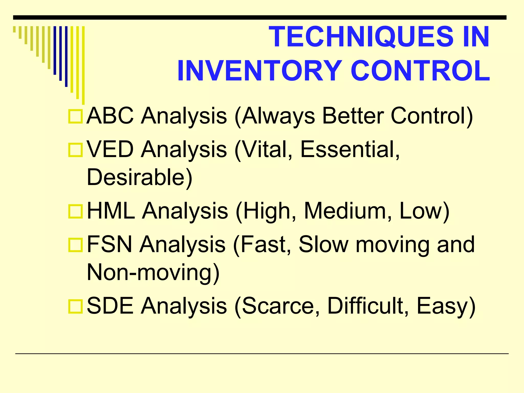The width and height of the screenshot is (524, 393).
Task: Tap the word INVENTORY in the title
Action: (259, 71)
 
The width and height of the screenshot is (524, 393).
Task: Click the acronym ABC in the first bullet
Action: (110, 116)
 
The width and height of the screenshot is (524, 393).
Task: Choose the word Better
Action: (353, 116)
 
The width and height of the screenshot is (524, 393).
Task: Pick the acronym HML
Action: (111, 211)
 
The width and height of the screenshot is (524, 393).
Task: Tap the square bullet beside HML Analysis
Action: (75, 212)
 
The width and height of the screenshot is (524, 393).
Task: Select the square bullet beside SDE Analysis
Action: (75, 307)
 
